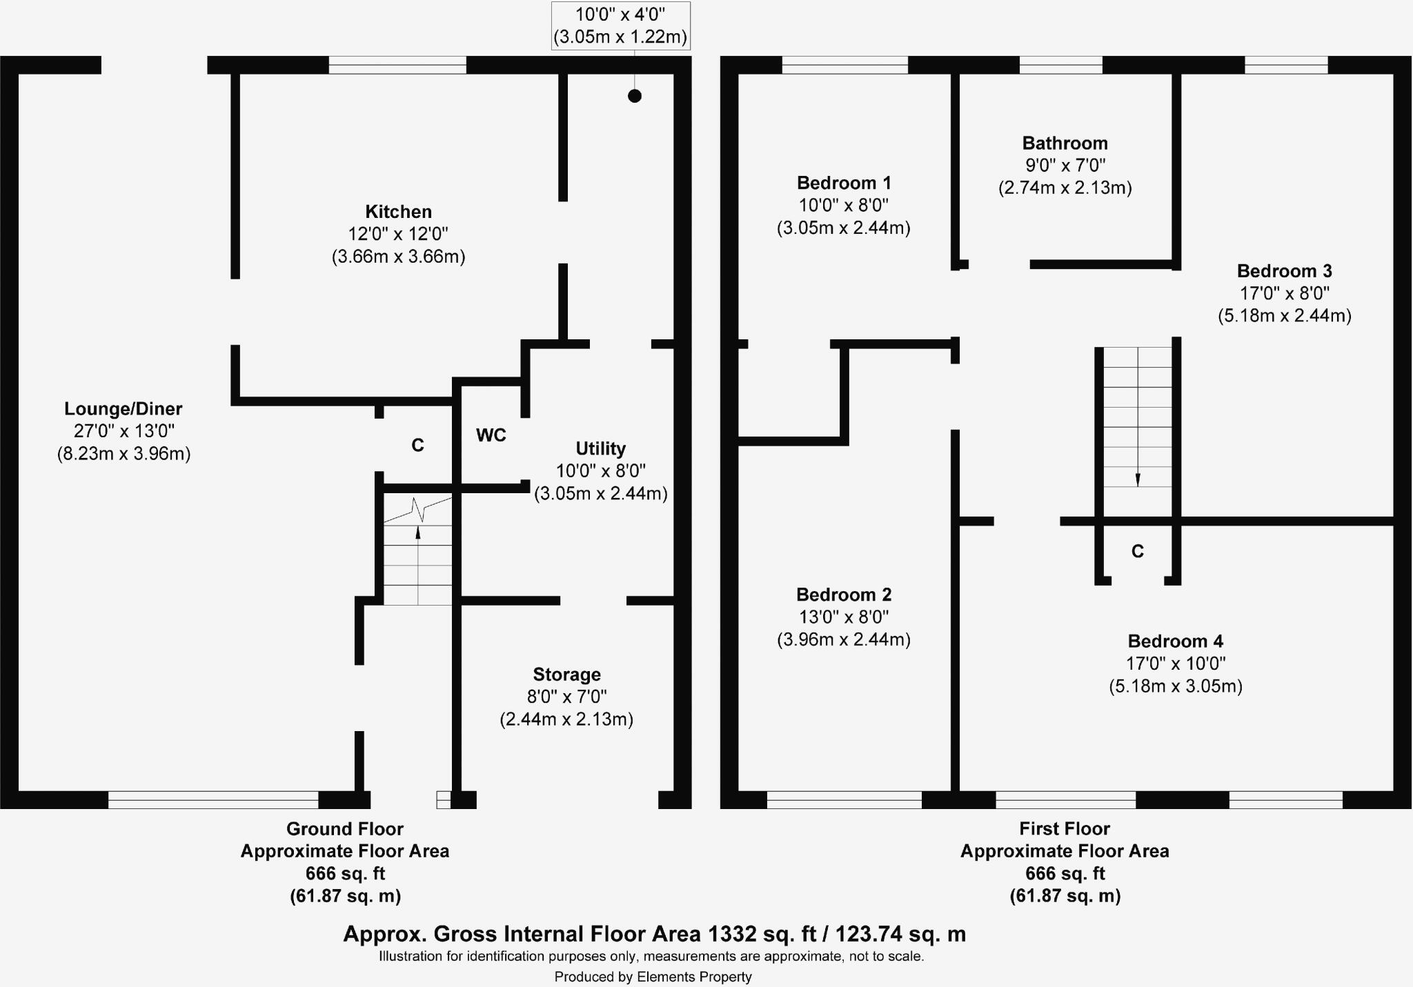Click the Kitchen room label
[398, 212]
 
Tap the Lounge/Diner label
[123, 409]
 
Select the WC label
[491, 435]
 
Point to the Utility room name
[600, 449]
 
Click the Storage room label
[566, 675]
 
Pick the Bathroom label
[1065, 143]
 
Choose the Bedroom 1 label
[843, 183]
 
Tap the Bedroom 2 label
[843, 595]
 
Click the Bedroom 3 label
[1284, 271]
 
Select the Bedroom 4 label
[1175, 641]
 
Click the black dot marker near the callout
[635, 96]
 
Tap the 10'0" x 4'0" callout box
[620, 26]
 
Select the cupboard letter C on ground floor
[417, 446]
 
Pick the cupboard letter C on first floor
[1138, 552]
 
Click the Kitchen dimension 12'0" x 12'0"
[398, 235]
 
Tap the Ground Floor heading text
[344, 829]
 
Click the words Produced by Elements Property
[653, 977]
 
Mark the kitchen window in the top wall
[397, 66]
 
